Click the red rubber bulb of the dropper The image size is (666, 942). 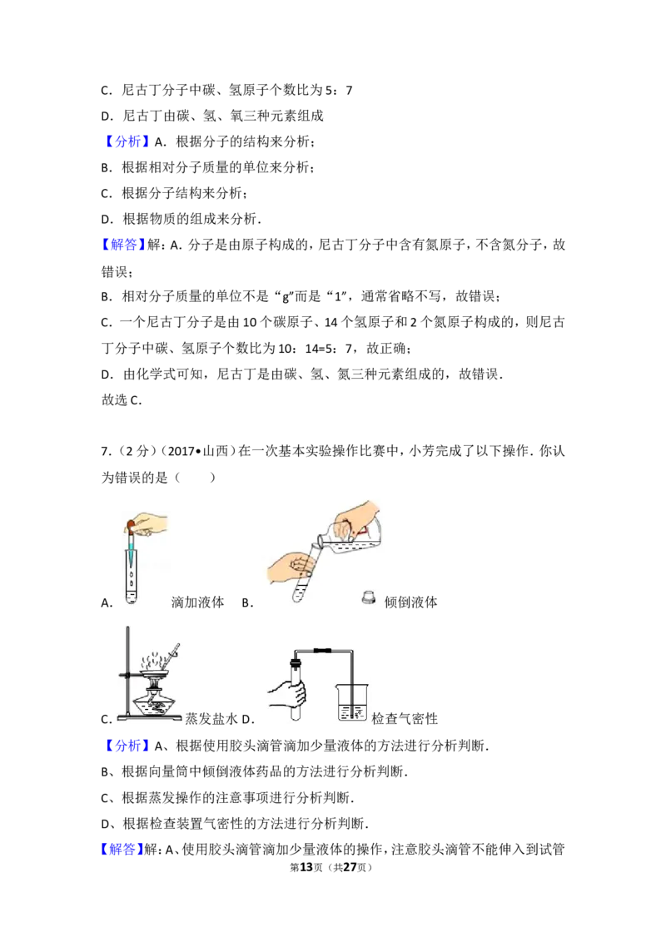(131, 524)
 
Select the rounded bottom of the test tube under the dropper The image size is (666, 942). (131, 598)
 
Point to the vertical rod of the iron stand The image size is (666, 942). (126, 666)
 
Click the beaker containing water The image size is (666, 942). (352, 702)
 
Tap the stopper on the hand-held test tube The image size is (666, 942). (294, 665)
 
